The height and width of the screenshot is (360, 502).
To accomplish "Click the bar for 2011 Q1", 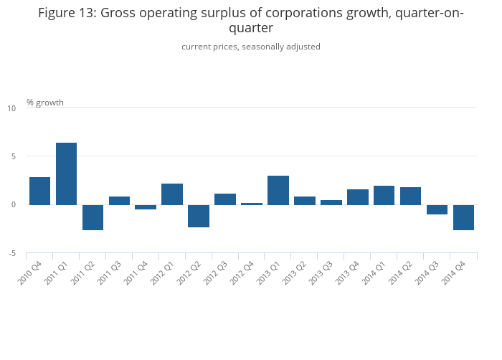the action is pyautogui.click(x=66, y=174).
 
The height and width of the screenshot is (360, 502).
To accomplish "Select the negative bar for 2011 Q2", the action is pyautogui.click(x=93, y=217).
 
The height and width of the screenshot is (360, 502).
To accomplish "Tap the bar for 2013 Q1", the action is pyautogui.click(x=278, y=190).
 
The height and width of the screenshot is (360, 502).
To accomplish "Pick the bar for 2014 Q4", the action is pyautogui.click(x=463, y=217).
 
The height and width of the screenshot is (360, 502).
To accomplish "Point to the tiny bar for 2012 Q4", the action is pyautogui.click(x=252, y=204).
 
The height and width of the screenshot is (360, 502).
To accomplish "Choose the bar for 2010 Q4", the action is pyautogui.click(x=39, y=191).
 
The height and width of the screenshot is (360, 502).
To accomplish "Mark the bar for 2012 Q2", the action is pyautogui.click(x=199, y=216).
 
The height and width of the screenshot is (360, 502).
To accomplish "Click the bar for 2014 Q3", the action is pyautogui.click(x=437, y=209).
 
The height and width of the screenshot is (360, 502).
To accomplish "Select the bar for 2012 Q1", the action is pyautogui.click(x=172, y=194).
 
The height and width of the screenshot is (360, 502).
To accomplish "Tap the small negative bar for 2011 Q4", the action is pyautogui.click(x=146, y=207).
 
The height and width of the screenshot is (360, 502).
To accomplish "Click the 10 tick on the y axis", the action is pyautogui.click(x=12, y=108).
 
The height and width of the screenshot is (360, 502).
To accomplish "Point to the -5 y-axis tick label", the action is pyautogui.click(x=12, y=253).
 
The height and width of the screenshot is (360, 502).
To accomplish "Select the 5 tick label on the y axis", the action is pyautogui.click(x=14, y=156).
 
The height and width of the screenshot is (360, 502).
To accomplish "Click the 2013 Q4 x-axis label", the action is pyautogui.click(x=347, y=273).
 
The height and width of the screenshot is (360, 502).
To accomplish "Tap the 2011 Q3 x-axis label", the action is pyautogui.click(x=109, y=273).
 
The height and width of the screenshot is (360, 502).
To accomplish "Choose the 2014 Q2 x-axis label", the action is pyautogui.click(x=400, y=273).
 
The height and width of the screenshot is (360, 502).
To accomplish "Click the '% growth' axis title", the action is pyautogui.click(x=45, y=103).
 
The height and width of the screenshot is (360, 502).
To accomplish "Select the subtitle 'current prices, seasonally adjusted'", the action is pyautogui.click(x=251, y=47).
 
